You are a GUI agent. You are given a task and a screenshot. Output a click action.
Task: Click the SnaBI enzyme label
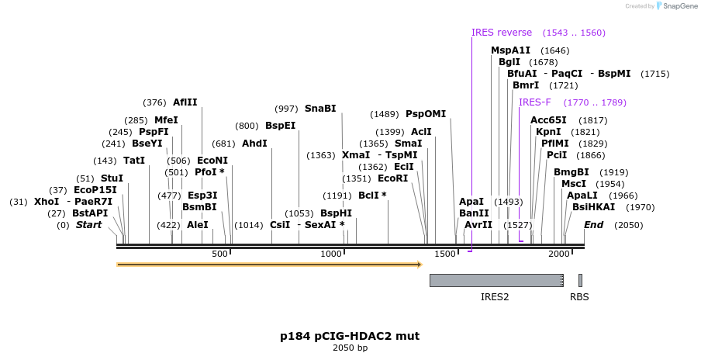320,109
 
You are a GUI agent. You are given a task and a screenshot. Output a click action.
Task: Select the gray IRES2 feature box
496,280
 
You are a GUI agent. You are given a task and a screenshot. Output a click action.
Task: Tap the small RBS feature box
580,280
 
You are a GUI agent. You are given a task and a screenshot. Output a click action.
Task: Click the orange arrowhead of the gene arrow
420,265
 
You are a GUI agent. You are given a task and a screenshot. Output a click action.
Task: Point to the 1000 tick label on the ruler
331,254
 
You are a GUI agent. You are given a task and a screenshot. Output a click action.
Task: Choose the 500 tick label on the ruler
219,254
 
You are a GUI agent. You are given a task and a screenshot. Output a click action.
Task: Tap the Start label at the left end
88,225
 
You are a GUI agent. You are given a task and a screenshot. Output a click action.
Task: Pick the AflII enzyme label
185,102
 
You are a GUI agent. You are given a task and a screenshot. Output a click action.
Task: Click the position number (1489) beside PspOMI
385,115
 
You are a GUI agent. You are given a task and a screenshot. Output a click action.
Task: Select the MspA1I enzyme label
510,50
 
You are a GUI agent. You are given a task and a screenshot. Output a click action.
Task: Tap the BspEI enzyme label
280,126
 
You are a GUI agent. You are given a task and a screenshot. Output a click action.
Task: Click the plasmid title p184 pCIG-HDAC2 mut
350,336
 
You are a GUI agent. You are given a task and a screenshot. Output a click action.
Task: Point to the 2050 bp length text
350,348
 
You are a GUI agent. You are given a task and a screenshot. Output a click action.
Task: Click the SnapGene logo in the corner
677,5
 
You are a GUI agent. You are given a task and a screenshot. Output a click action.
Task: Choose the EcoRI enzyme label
393,178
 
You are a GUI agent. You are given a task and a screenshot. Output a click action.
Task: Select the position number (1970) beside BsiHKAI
641,207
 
